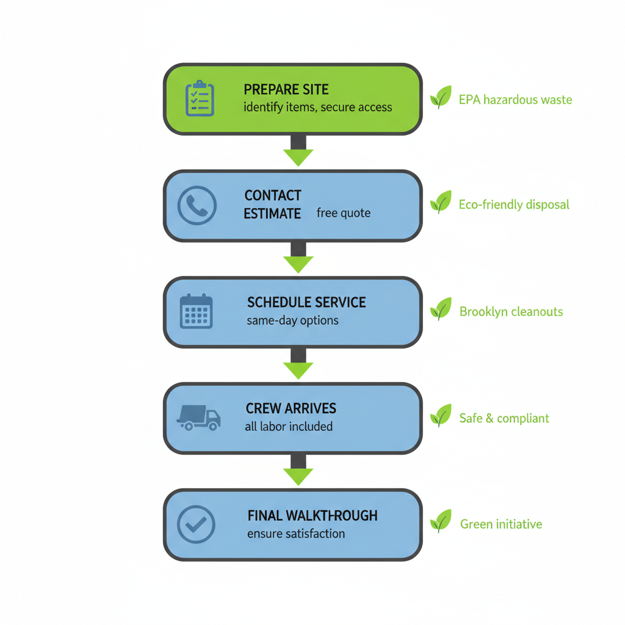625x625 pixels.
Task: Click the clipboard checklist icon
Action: pos(200,99)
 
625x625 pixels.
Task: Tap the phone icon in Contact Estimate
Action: pos(197,205)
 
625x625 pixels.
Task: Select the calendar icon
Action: pos(197,311)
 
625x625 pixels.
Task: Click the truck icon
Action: pos(198,417)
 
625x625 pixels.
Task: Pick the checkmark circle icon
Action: pos(196,524)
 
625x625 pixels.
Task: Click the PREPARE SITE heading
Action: pos(286,90)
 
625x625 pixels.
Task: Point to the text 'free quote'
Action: pos(343,214)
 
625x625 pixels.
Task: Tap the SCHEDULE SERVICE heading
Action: pos(306,303)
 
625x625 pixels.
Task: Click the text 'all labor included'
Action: pos(289,427)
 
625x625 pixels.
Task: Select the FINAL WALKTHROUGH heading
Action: pos(312,516)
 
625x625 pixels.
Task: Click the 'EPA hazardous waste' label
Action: pos(515,99)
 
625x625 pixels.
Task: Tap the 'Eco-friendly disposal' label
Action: pos(513,204)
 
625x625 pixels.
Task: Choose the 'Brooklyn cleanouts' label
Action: pos(511,312)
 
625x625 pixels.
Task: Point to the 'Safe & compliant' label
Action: pos(504,419)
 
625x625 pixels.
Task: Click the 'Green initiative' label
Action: pos(500,524)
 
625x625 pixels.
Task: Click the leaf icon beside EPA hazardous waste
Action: pos(440,97)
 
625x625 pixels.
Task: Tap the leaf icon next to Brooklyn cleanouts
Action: pos(440,309)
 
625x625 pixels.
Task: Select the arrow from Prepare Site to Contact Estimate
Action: pos(298,151)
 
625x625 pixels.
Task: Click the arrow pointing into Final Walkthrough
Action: pos(298,470)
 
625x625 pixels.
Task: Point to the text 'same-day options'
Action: pos(292,320)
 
